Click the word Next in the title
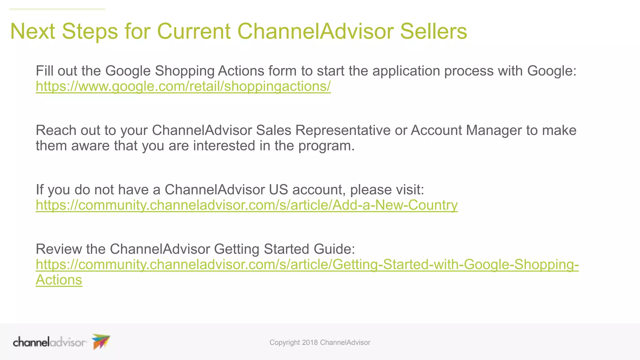(32, 31)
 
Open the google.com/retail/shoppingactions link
(183, 86)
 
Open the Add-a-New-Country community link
(247, 205)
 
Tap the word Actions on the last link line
(59, 280)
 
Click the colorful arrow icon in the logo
(101, 341)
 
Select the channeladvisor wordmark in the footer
(49, 342)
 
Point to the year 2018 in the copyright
(310, 342)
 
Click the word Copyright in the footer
(285, 342)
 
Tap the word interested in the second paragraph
(224, 146)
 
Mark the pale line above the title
(57, 9)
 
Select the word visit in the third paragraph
(409, 190)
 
